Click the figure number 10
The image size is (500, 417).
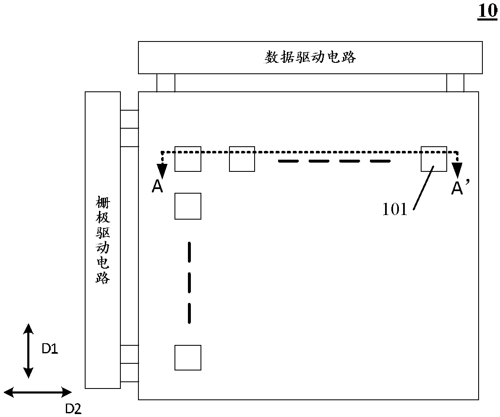(487, 11)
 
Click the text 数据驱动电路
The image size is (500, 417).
(310, 57)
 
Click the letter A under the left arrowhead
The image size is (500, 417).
(157, 187)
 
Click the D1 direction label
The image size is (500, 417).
(49, 349)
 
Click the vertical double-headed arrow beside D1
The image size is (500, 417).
(28, 351)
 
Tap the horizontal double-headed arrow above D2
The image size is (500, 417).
(38, 392)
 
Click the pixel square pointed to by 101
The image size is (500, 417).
(434, 159)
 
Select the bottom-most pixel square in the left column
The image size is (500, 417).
(188, 357)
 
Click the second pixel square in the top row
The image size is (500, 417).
(242, 159)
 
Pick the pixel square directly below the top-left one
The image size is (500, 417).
(188, 206)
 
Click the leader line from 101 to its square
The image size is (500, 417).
(424, 186)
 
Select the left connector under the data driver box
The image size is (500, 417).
(166, 83)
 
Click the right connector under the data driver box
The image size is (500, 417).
(455, 83)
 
